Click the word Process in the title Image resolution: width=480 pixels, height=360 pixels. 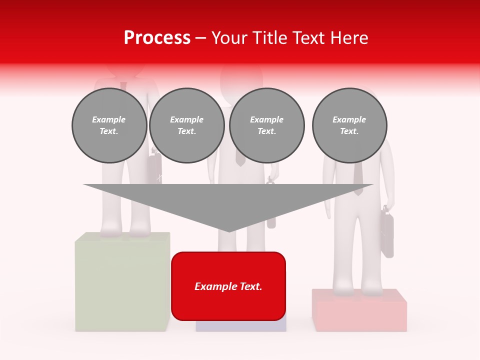tap(157, 38)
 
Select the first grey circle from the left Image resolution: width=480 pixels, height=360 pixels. tap(109, 125)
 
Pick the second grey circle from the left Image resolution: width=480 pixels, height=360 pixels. tap(186, 125)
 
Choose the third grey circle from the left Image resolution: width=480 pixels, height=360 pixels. tap(266, 125)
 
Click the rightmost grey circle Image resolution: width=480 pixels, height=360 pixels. tap(349, 125)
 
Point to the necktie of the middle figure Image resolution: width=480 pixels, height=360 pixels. tap(240, 158)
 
